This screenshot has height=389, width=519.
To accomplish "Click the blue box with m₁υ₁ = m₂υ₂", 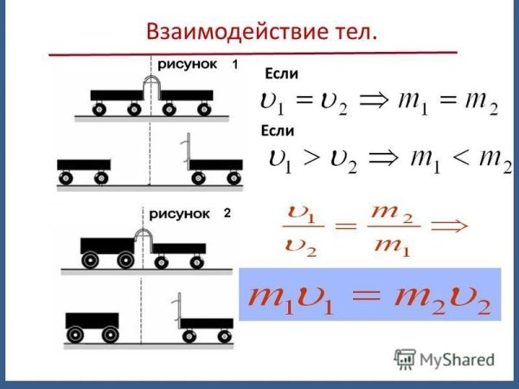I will point(369,294).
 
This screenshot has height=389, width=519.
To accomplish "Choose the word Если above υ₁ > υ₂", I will point(278,131).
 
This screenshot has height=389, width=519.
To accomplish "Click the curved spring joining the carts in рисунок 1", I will point(152,87).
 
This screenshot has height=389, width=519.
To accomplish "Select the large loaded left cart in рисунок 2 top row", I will point(107,249).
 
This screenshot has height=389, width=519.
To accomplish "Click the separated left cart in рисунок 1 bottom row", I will point(83,170).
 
